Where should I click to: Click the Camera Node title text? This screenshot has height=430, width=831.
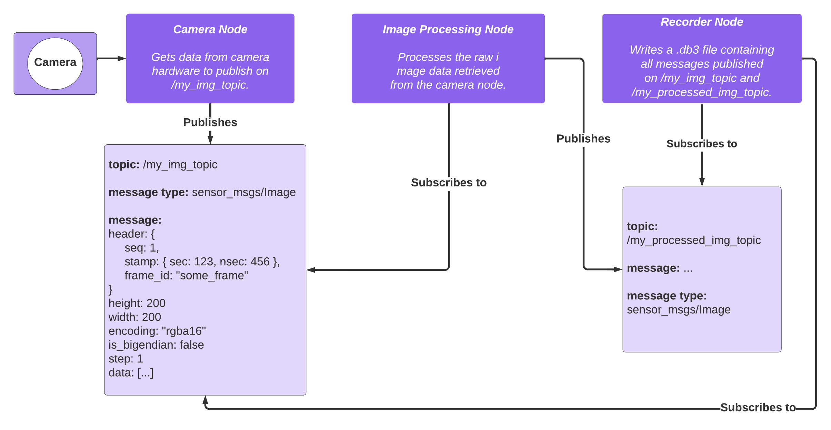(210, 30)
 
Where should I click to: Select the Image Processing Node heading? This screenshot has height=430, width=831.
(448, 30)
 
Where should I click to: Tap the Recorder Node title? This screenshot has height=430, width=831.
(702, 22)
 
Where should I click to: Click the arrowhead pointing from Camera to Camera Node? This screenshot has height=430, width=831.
(122, 59)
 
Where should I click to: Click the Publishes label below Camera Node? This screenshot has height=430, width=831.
(210, 122)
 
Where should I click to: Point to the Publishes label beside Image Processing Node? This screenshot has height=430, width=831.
(583, 139)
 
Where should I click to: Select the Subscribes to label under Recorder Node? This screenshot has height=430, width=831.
(702, 144)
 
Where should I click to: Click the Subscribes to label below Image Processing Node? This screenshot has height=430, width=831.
(449, 183)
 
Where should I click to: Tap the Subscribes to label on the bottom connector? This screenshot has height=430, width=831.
(758, 408)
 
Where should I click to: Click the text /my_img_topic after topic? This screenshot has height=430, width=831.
(180, 165)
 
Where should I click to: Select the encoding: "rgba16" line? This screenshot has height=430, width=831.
(157, 331)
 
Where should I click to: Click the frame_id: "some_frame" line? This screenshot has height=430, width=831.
(186, 276)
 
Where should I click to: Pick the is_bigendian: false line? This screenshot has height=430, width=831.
(156, 345)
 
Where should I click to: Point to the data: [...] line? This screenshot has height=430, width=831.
(131, 373)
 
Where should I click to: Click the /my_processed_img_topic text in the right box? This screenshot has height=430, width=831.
(693, 240)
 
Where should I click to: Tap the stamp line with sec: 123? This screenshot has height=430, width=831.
(202, 262)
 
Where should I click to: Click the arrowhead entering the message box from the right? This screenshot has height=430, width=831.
(311, 270)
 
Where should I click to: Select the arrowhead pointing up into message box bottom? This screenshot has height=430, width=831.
(205, 400)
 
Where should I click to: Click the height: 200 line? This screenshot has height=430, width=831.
(137, 303)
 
